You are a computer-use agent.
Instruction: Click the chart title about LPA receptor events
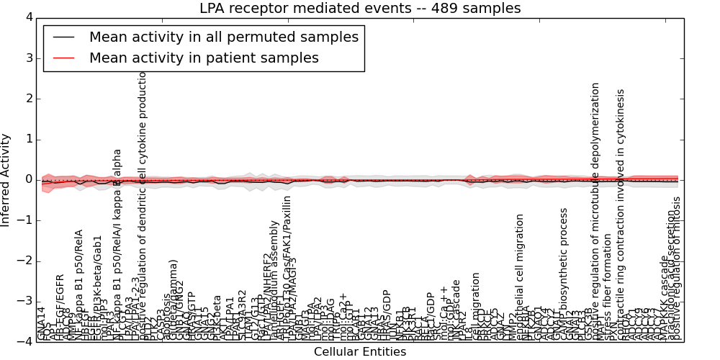(x=360, y=8)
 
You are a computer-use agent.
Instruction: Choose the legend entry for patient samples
(x=204, y=58)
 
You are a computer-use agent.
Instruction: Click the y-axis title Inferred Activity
(x=6, y=179)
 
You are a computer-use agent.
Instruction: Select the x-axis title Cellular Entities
(x=360, y=352)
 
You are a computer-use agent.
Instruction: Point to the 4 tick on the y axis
(x=28, y=17)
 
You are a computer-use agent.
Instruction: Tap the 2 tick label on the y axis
(x=28, y=99)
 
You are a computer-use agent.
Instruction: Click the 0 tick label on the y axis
(x=28, y=179)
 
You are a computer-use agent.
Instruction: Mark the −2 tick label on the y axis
(x=25, y=261)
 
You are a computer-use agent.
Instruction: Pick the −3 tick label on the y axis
(x=25, y=301)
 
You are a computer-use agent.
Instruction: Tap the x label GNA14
(x=42, y=323)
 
